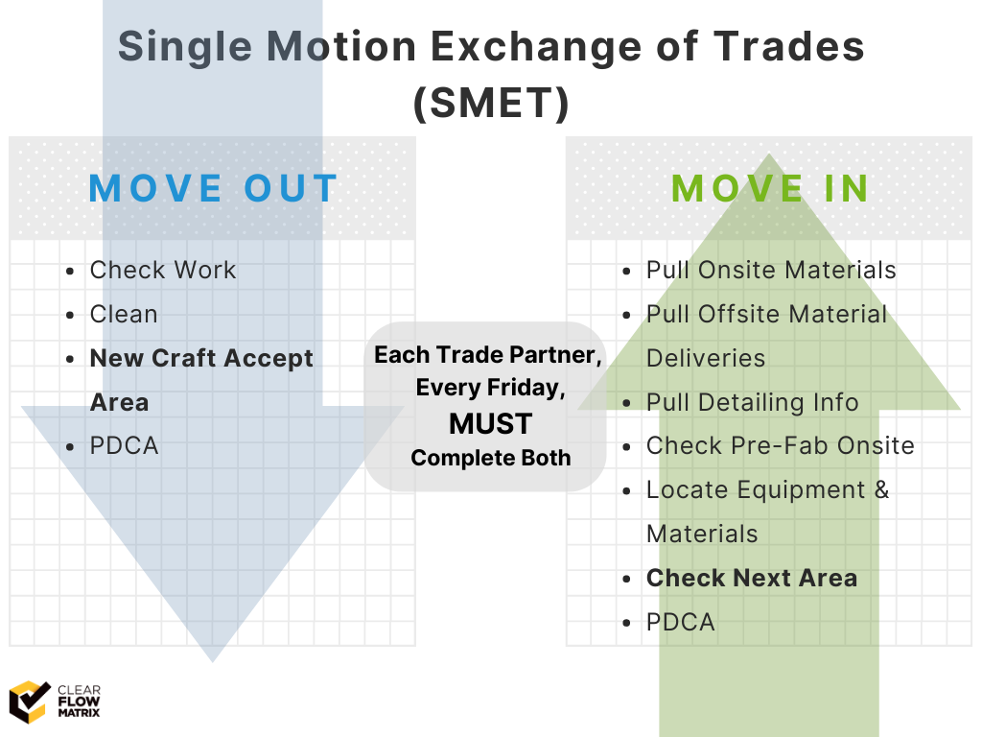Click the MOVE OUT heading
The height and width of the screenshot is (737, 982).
click(213, 188)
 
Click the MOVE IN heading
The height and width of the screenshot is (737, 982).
click(770, 188)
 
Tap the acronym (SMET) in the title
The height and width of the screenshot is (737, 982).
click(491, 103)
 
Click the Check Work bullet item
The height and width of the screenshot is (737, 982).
click(163, 270)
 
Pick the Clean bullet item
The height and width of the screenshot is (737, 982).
click(124, 314)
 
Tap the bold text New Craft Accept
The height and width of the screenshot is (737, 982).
click(201, 359)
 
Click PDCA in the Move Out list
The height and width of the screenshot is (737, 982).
click(124, 445)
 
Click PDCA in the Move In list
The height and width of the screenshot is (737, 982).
click(680, 622)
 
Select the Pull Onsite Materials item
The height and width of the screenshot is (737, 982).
click(771, 270)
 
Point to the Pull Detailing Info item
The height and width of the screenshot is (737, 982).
click(752, 402)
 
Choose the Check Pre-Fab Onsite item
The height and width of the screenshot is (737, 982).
click(781, 445)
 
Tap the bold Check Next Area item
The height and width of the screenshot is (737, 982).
click(752, 578)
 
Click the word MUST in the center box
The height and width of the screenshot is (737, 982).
click(491, 423)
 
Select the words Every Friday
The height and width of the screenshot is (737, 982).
click(491, 388)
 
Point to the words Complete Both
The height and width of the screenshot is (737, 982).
click(491, 458)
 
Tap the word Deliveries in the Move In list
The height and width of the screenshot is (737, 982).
click(706, 359)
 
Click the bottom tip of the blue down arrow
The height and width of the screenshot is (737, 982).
click(212, 662)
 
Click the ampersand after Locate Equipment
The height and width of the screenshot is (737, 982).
click(882, 489)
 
